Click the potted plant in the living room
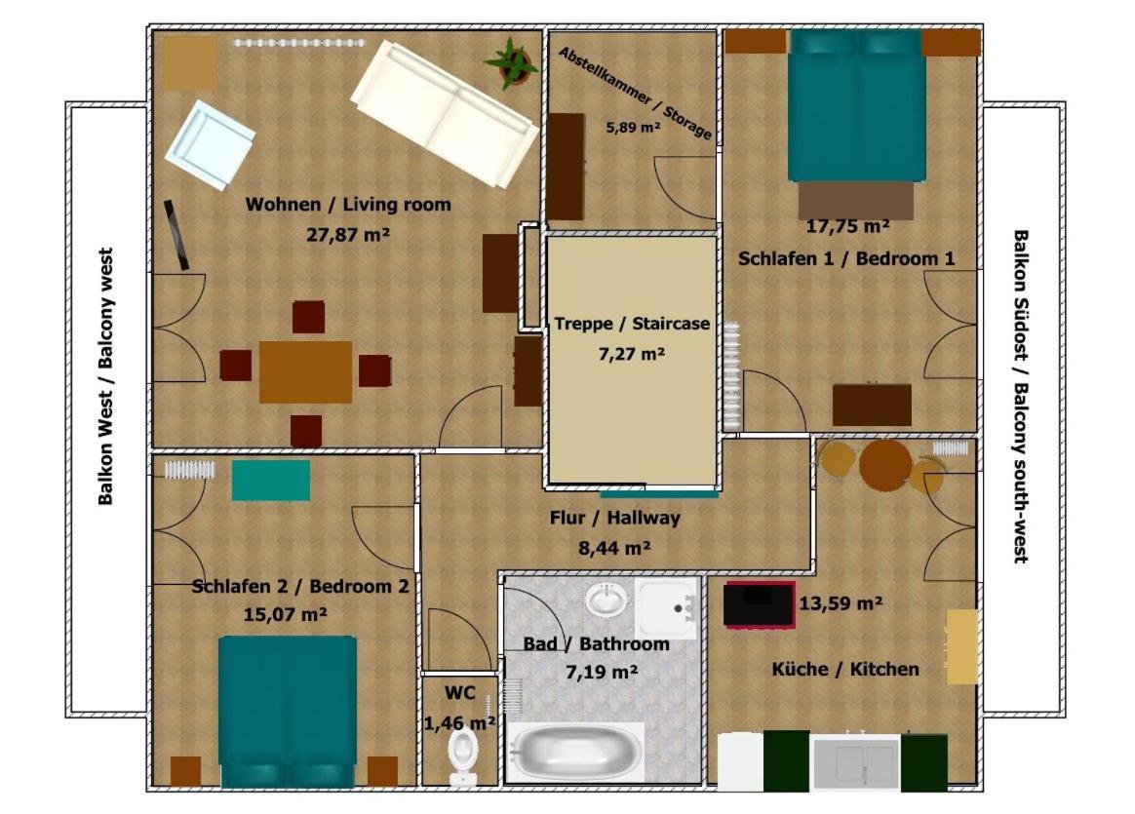[x=512, y=63]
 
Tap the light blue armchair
[x=210, y=145]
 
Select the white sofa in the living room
[x=445, y=114]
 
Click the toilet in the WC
[x=462, y=756]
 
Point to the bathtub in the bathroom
[x=576, y=753]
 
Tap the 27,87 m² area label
[x=348, y=234]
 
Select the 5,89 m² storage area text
[x=634, y=128]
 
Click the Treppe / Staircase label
[x=632, y=324]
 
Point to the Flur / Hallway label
[x=614, y=518]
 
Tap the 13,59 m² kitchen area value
[x=841, y=602]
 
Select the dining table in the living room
[x=305, y=372]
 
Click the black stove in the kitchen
[x=760, y=604]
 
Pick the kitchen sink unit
[x=855, y=762]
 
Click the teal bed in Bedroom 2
[x=288, y=712]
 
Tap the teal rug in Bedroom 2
[x=271, y=481]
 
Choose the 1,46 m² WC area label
[x=459, y=722]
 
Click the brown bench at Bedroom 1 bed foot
[x=855, y=199]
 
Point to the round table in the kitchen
[x=886, y=466]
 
